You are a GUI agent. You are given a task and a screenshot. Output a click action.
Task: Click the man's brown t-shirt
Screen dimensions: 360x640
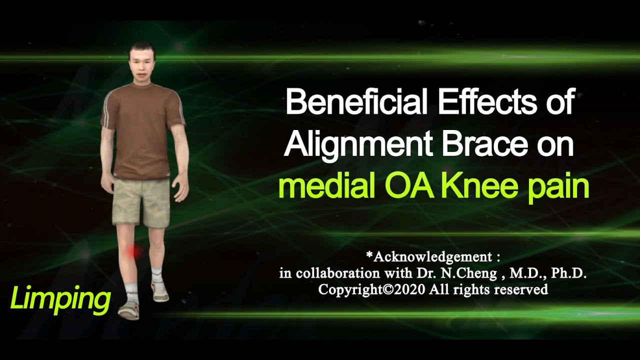(142, 130)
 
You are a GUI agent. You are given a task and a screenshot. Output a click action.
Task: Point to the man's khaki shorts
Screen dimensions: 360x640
(141, 202)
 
